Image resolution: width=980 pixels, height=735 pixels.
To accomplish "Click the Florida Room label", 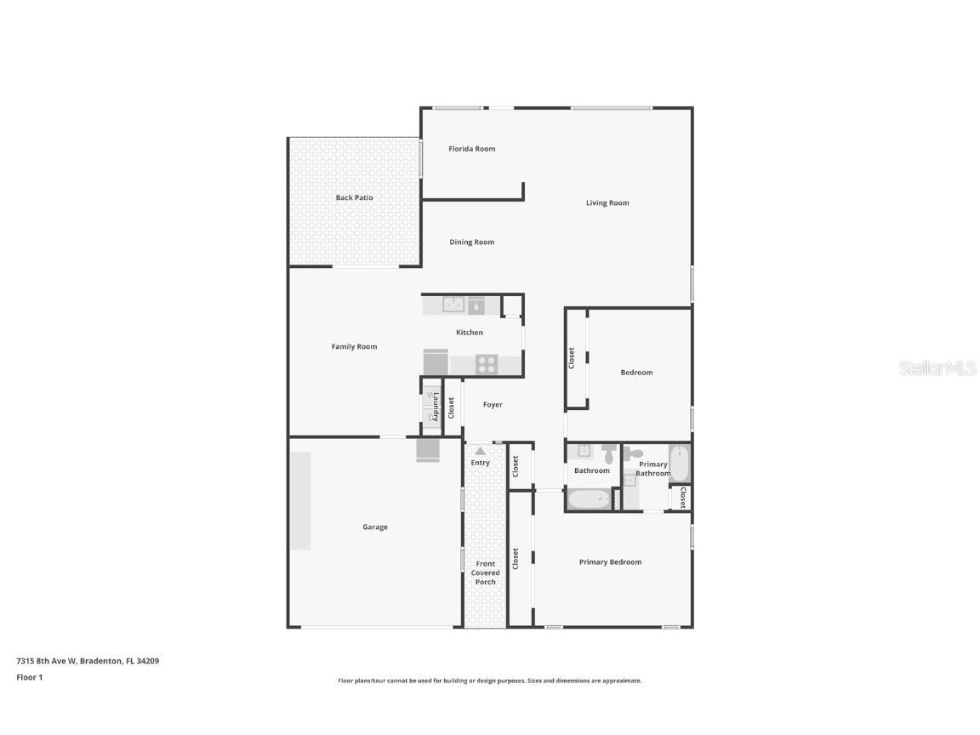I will click(471, 149).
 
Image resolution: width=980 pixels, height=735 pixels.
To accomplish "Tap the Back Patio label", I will click(354, 197).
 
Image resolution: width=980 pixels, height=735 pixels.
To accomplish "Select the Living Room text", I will click(607, 202).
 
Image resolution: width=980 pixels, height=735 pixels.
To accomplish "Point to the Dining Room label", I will click(471, 242).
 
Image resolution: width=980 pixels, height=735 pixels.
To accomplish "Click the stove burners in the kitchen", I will click(487, 364).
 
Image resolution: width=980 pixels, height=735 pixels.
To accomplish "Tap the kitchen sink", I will click(453, 305).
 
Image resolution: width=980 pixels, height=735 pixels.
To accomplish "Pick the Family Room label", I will click(354, 346).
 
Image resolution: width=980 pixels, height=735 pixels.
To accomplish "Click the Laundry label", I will click(435, 406).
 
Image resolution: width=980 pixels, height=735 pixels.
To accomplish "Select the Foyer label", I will click(493, 405).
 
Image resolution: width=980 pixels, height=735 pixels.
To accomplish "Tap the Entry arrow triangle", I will click(480, 451).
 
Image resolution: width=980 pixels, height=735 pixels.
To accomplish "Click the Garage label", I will click(374, 527).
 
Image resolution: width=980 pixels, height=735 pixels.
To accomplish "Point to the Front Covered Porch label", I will click(486, 573).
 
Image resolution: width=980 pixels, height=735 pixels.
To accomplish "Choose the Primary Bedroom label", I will click(610, 562).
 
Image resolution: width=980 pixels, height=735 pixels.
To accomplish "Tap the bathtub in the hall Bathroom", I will click(589, 499).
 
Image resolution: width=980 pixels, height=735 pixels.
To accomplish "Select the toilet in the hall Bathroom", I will click(609, 452).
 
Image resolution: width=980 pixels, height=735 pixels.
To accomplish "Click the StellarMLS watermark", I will click(937, 368).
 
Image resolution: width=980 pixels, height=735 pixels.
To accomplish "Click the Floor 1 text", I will click(29, 678).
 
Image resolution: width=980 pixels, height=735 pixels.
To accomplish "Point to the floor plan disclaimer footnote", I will click(489, 681).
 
